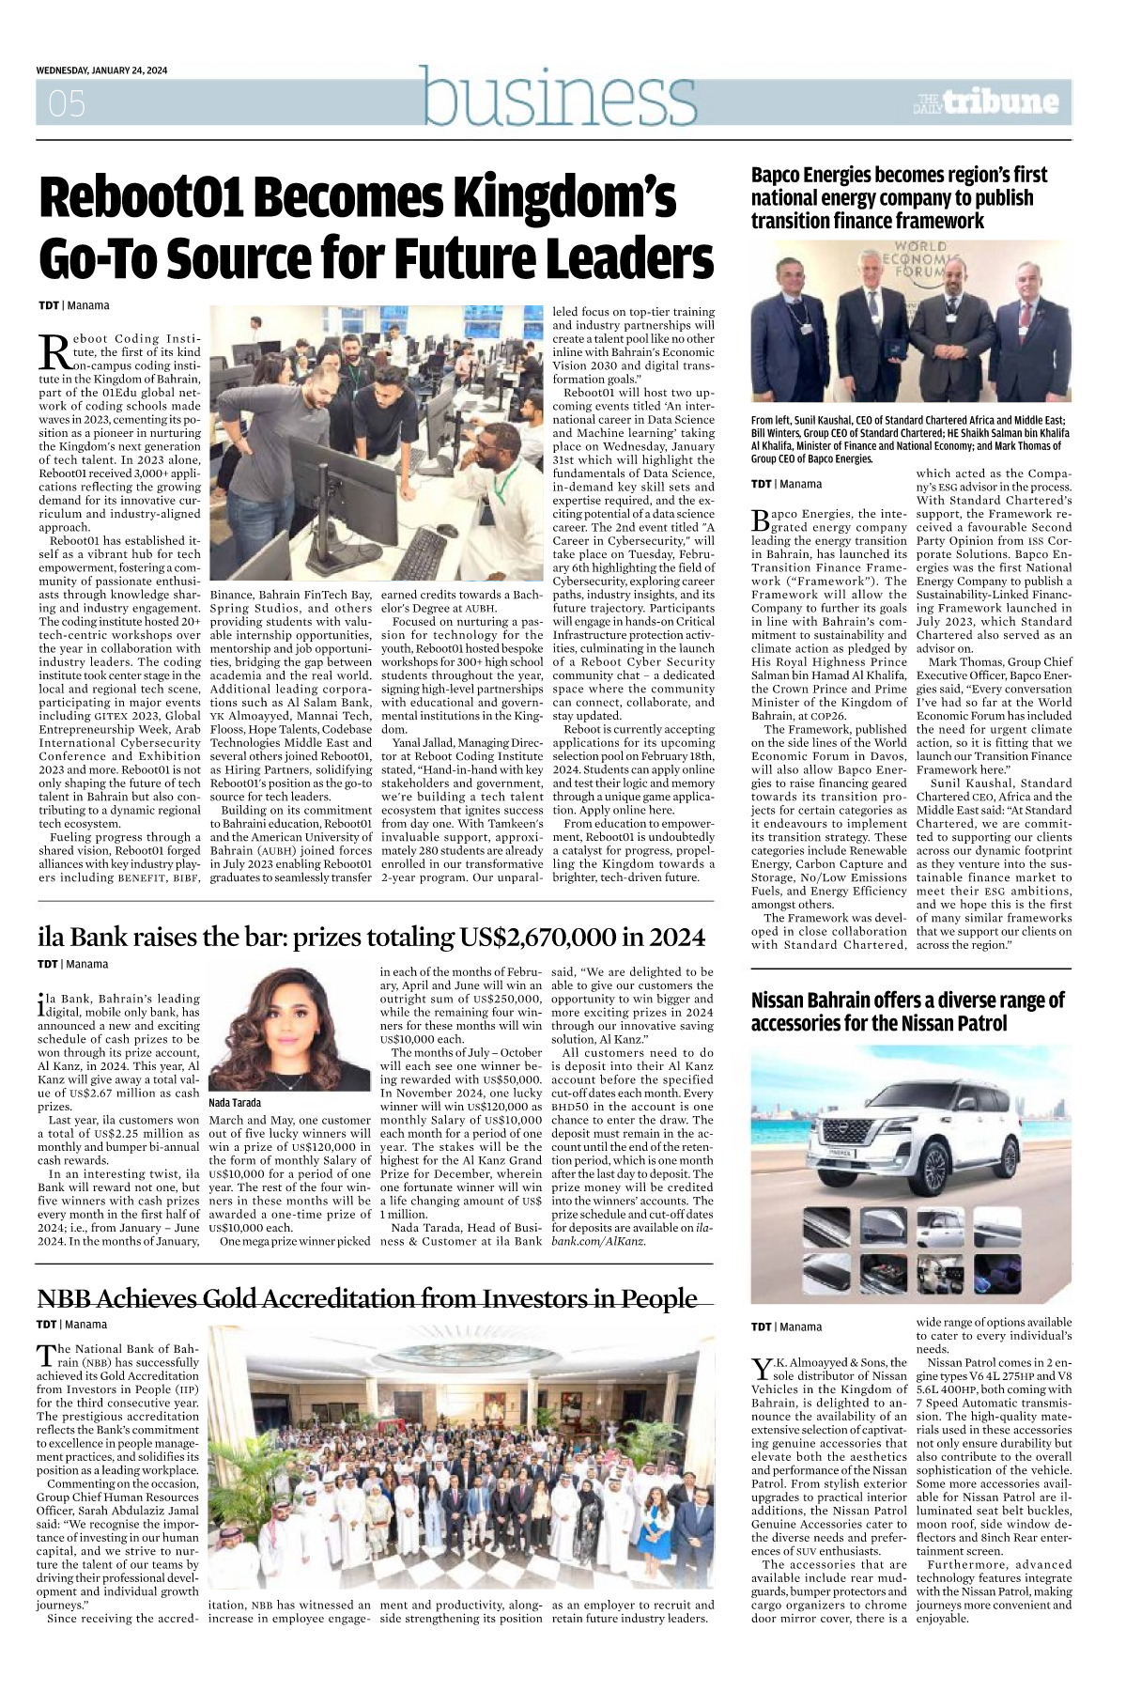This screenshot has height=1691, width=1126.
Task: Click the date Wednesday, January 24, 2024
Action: [x=101, y=70]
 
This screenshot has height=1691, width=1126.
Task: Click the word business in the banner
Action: [x=559, y=96]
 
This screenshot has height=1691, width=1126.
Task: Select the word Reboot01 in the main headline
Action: [x=141, y=198]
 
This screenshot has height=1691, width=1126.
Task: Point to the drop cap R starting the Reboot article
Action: [x=54, y=353]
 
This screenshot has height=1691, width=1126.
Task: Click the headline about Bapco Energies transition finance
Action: [x=899, y=197]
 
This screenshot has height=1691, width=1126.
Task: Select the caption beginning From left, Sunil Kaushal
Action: [x=909, y=440]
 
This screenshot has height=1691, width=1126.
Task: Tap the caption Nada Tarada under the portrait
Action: [x=235, y=1102]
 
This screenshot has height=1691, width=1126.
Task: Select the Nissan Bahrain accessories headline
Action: [x=907, y=1011]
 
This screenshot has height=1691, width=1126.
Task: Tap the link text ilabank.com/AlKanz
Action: [x=601, y=1241]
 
